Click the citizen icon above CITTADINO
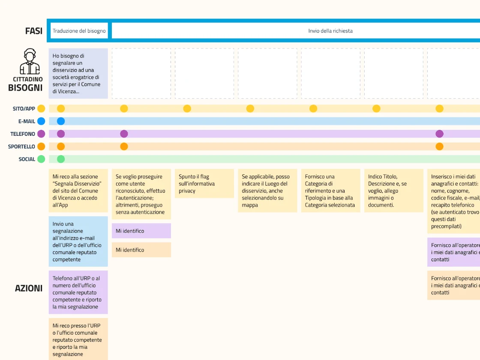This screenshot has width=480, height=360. (x=30, y=61)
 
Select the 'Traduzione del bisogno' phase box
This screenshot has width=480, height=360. (x=79, y=30)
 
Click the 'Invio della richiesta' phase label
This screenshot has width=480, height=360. (x=330, y=31)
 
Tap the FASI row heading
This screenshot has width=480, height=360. (x=34, y=31)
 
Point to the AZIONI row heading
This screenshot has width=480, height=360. (x=29, y=288)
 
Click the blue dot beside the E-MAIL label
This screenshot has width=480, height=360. (x=41, y=121)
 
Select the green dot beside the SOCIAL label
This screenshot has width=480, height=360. (x=41, y=159)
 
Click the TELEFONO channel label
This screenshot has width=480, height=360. (x=23, y=134)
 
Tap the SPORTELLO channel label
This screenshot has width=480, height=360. (x=21, y=147)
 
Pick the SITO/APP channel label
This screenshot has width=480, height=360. (x=24, y=109)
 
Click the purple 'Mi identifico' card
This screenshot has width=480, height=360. (x=141, y=231)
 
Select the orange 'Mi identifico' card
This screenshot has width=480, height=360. (x=141, y=250)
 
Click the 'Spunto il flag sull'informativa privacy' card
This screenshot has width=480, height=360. (x=204, y=183)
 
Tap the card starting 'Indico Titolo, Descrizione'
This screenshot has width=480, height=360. (x=394, y=191)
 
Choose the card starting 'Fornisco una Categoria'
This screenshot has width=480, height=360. (x=330, y=191)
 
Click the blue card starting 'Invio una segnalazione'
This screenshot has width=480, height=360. (x=78, y=242)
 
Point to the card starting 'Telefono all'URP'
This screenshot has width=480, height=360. (x=78, y=292)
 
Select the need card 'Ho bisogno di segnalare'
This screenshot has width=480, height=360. (x=78, y=73)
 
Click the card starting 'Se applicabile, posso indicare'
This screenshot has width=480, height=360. (x=267, y=191)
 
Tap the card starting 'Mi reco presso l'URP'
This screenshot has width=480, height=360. (x=78, y=339)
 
